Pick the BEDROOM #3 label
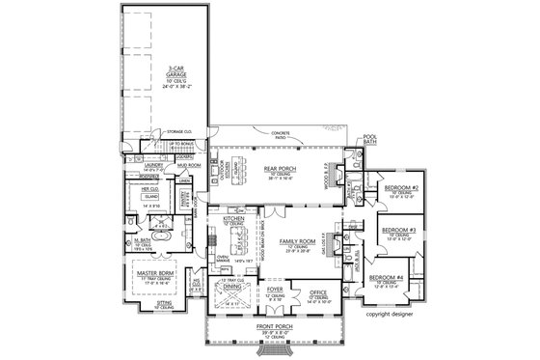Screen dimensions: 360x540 point(397,230)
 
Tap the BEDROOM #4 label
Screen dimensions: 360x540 point(386,278)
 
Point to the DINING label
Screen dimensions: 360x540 point(231,287)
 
